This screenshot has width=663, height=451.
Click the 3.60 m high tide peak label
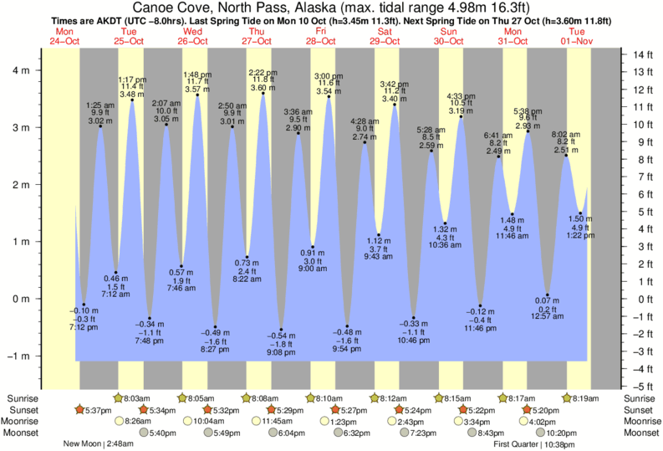(x=263, y=87)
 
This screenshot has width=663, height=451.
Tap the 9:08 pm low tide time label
(x=281, y=353)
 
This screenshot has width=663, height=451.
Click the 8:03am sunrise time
(x=137, y=398)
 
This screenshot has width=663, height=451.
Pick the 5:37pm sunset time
(x=96, y=410)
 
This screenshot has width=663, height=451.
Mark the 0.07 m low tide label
(x=547, y=300)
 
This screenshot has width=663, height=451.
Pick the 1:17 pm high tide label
(x=132, y=79)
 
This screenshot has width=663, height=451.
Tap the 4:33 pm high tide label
(x=461, y=95)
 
